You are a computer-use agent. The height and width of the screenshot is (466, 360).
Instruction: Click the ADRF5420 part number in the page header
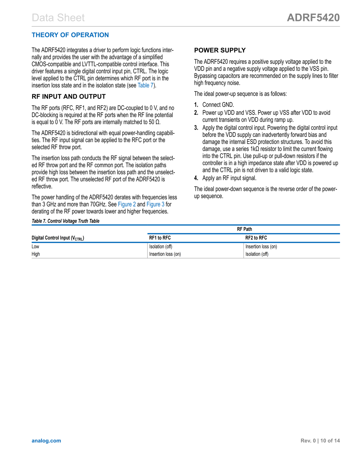point(313,18)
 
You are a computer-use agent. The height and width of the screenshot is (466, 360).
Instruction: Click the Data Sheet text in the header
point(58,18)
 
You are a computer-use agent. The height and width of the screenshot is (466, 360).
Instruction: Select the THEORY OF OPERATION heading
point(70,35)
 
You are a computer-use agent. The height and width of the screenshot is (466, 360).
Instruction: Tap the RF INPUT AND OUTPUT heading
point(69,97)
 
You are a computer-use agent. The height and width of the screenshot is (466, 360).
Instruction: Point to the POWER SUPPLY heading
point(220,50)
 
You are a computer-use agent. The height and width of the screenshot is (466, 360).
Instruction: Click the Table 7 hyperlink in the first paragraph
point(146,85)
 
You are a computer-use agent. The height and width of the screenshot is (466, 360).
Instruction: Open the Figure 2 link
point(127,204)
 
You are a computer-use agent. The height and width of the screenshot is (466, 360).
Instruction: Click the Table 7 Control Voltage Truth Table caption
point(65,221)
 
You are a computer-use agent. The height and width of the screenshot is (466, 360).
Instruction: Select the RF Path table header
point(244,229)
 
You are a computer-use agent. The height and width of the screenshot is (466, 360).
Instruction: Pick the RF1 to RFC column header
point(160,238)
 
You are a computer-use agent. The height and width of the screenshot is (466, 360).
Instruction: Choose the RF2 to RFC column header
point(256,238)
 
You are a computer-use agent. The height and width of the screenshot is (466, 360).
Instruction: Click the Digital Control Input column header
point(58,238)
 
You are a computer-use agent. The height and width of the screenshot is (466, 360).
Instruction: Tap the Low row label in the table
point(35,247)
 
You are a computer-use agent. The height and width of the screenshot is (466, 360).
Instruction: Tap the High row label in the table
point(36,254)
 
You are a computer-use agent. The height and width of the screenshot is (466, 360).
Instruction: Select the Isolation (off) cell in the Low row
point(161,247)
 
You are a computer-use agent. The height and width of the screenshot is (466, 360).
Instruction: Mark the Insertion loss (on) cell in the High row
point(165,254)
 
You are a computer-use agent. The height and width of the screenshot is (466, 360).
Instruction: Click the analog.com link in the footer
point(46,441)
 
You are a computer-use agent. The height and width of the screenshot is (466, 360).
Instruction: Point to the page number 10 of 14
point(330,441)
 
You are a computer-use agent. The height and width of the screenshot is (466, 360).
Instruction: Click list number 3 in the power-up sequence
point(196,128)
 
